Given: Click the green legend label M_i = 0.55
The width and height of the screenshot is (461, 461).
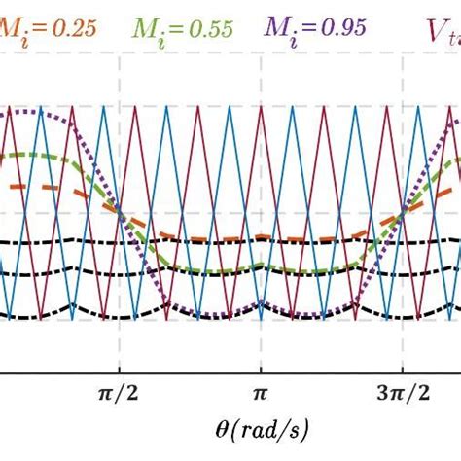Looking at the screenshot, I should point(183,28).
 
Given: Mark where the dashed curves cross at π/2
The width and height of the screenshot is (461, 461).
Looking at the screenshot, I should point(120,214).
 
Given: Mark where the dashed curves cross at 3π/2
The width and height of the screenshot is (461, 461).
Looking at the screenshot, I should point(399,214).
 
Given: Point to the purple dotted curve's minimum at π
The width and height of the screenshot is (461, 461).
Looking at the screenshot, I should point(260,316).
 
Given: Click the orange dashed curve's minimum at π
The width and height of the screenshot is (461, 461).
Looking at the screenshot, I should point(260,240).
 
